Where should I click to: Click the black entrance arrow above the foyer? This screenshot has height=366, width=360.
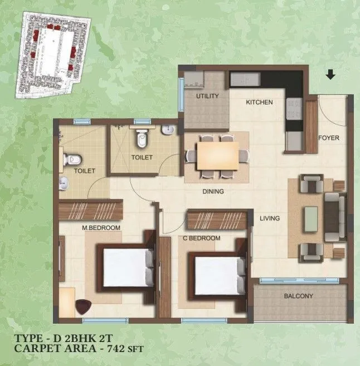330,74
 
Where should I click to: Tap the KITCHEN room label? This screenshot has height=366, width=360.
260,103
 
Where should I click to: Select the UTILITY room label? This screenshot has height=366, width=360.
207,96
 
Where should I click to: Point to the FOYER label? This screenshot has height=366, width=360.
328,138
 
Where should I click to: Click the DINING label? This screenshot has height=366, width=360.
213,192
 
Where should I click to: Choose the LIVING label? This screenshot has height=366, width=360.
270,218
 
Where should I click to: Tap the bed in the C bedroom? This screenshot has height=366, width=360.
216,274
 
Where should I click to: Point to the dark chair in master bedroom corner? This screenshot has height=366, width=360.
84,307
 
